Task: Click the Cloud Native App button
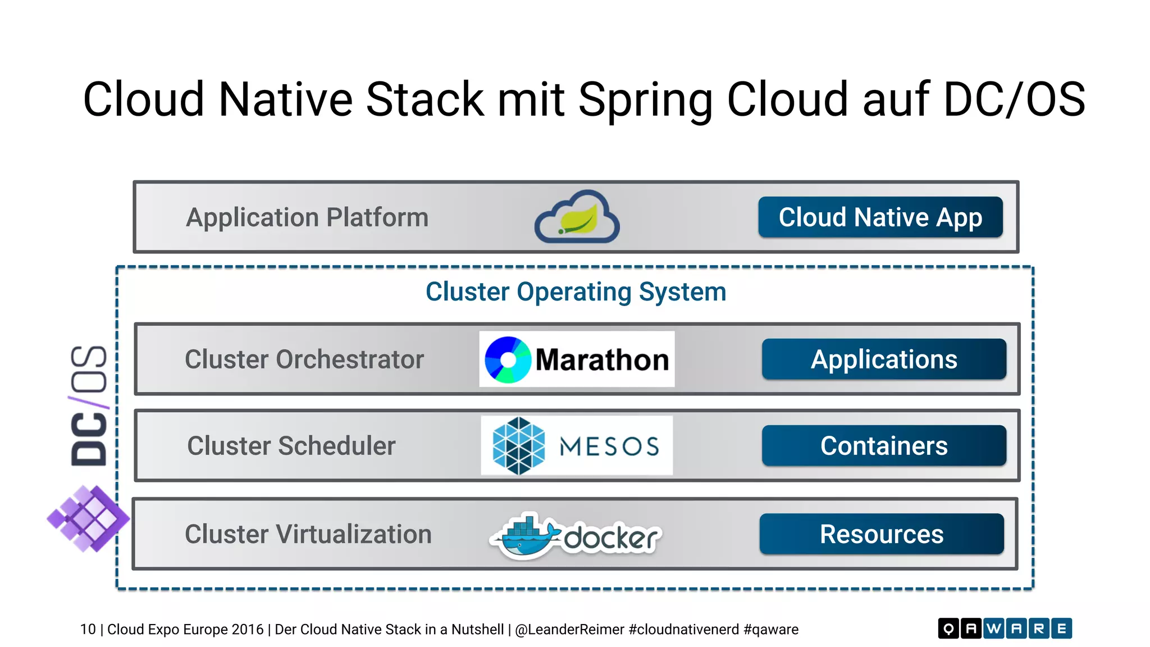coord(880,217)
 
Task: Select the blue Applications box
coord(883,359)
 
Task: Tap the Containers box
coord(883,445)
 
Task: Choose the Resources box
coord(881,534)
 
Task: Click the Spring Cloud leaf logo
coord(577,217)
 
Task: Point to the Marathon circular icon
coord(508,360)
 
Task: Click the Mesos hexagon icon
coord(518,446)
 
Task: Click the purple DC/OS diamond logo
coord(88,518)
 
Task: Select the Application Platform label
coord(307,217)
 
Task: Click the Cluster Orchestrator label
coord(304,359)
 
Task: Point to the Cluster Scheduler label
coord(291,446)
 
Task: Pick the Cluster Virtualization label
coord(308,534)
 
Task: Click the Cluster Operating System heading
coord(576,292)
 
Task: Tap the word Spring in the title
coord(645,99)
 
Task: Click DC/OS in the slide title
coord(1014,99)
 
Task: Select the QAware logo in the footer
coord(1005,628)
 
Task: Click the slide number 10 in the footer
coord(88,630)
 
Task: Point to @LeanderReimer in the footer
coord(569,630)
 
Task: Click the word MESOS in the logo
coord(609,446)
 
